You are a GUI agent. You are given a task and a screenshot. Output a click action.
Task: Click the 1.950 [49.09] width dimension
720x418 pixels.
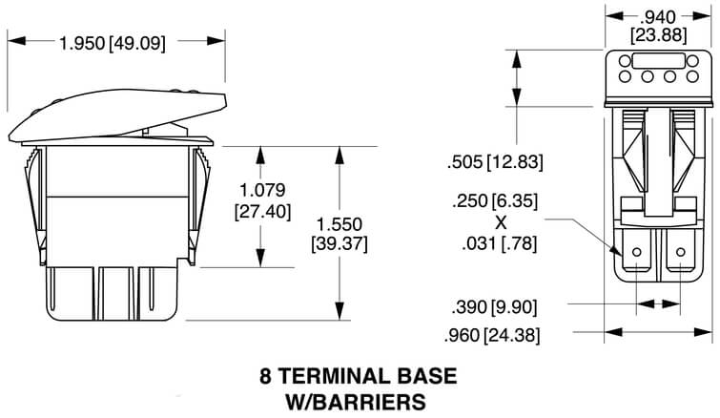point(112,43)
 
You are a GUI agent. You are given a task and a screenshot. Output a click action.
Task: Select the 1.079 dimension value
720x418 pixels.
point(262,190)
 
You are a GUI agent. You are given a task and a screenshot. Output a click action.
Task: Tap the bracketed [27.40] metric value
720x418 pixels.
point(262,212)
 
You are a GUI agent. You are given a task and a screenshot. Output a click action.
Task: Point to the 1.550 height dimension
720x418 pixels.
point(339,224)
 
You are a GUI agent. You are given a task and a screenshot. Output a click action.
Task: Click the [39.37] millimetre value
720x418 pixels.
point(339,244)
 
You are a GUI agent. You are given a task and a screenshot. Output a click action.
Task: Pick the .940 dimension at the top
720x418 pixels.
point(658,17)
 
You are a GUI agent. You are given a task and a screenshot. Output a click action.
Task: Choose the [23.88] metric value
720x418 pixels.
point(658,35)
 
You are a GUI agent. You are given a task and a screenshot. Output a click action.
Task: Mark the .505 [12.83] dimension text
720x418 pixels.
point(495,162)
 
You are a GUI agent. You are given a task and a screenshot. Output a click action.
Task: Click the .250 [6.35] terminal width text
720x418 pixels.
point(495,201)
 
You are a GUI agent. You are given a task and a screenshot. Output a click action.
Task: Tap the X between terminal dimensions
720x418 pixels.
point(501,222)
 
